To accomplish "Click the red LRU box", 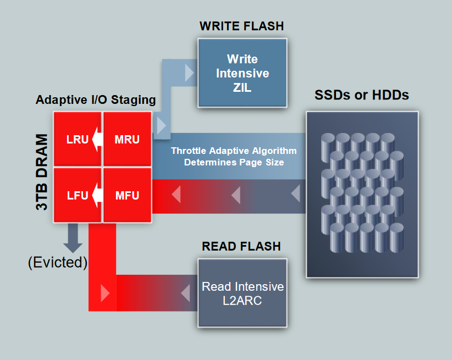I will [x=77, y=139].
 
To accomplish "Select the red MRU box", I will [x=128, y=139].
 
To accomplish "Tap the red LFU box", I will [x=77, y=195].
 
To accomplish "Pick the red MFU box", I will [x=128, y=195].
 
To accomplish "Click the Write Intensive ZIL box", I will [x=242, y=73].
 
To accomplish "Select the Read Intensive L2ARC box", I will [x=242, y=293].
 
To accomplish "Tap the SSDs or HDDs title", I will [x=361, y=95].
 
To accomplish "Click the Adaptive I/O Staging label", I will [x=96, y=100].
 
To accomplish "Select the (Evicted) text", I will [x=58, y=262].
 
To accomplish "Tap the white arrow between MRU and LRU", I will [x=97, y=139].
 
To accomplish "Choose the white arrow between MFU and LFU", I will [x=97, y=195].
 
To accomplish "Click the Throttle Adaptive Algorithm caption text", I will [x=234, y=157].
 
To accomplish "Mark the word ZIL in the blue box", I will [x=242, y=87].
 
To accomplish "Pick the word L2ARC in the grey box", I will [x=242, y=300].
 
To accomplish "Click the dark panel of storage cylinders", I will [x=362, y=194].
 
